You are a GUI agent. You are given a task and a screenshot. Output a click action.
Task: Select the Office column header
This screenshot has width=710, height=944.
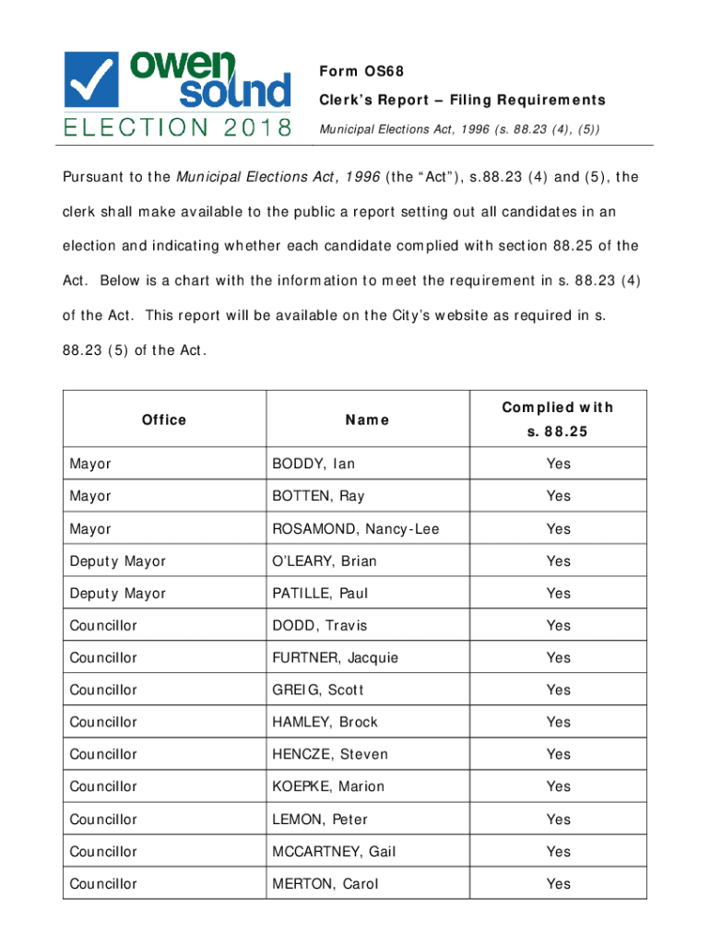(164, 419)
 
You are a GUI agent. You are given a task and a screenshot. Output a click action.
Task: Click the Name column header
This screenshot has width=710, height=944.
(367, 419)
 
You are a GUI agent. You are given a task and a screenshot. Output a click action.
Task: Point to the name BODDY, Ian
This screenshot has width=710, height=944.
(313, 464)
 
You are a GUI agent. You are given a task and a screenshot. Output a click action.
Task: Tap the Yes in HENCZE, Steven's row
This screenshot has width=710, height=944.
(558, 754)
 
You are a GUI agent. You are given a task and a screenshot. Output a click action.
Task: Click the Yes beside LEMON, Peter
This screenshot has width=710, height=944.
(558, 820)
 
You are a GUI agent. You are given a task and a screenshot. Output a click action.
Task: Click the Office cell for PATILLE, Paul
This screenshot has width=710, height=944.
(118, 594)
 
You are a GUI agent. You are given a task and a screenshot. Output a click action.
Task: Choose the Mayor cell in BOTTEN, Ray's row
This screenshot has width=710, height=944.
(90, 496)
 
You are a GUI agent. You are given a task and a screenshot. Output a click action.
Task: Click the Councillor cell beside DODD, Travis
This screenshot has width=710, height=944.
(103, 626)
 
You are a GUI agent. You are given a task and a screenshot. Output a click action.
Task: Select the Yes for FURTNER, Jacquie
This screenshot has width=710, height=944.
(558, 657)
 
